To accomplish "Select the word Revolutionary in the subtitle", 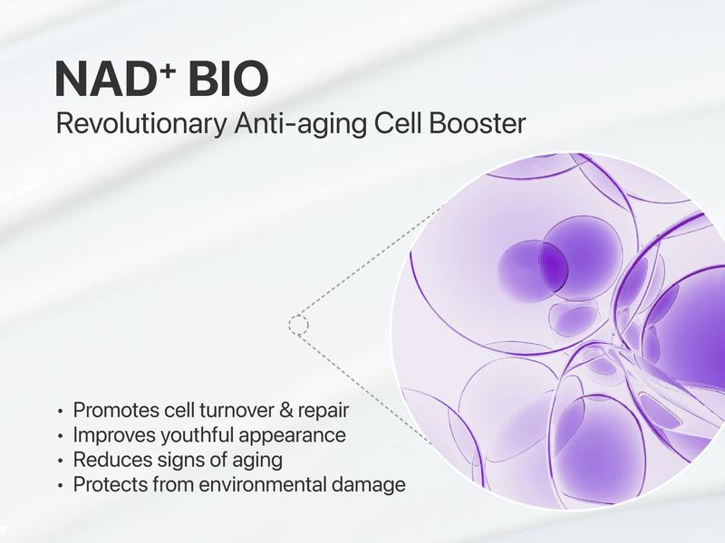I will click(133, 124).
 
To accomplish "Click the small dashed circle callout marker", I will click(299, 322).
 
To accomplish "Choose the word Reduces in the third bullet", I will click(106, 460).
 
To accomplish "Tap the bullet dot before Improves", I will click(61, 436).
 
